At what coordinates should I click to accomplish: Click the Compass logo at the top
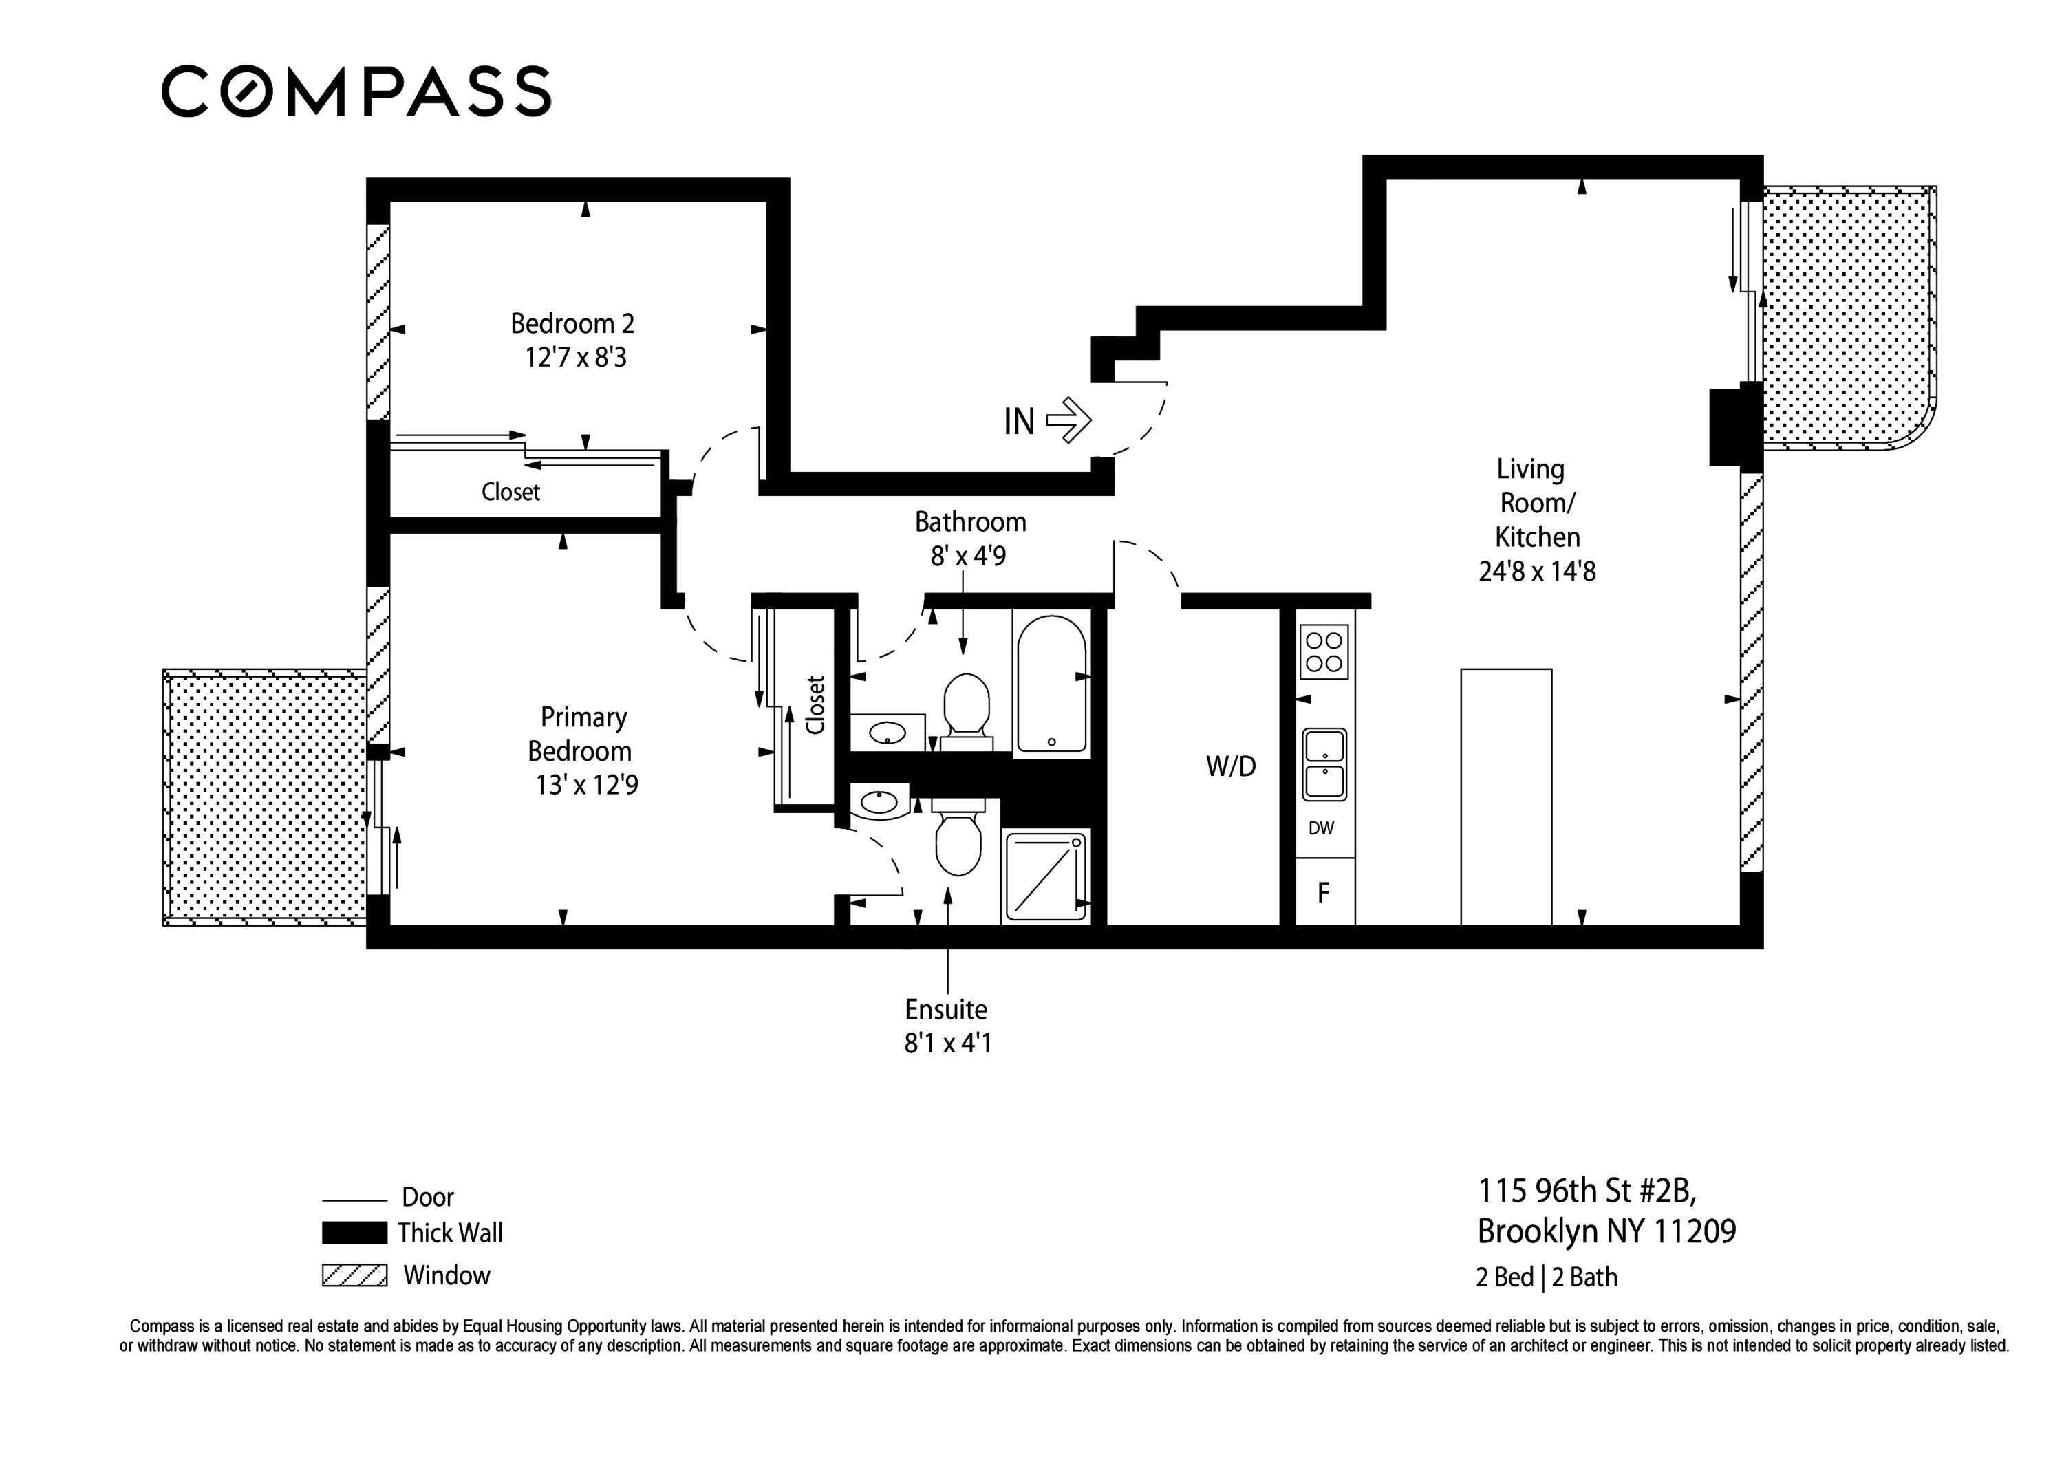(356, 91)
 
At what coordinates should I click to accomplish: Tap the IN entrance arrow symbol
(1069, 420)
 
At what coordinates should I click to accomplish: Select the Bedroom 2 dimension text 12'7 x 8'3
(575, 358)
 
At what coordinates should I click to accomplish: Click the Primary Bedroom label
(581, 733)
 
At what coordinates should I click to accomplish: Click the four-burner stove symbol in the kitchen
(1323, 651)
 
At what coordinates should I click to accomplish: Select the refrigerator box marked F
(1323, 893)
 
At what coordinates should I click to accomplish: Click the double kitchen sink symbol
(1324, 764)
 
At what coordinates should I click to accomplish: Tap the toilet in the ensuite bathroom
(958, 841)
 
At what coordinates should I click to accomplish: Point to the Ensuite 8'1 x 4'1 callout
(947, 1026)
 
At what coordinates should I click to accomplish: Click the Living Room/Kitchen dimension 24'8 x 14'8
(1536, 571)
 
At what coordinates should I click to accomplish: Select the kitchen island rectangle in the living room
(1506, 796)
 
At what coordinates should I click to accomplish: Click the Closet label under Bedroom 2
(510, 492)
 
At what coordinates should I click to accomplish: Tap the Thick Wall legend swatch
(354, 1233)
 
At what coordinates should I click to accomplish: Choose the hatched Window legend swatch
(354, 1275)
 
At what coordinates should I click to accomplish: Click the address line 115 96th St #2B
(1587, 1191)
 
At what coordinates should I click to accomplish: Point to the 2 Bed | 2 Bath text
(1545, 1277)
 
